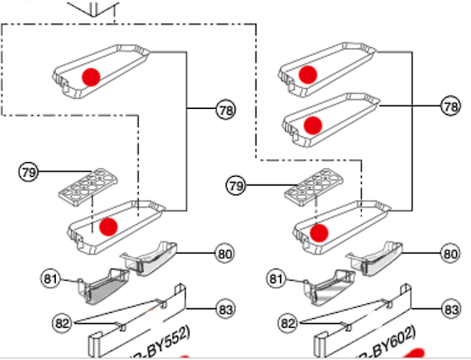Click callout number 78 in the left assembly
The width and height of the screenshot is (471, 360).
point(226,111)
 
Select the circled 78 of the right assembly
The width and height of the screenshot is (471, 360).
point(450,106)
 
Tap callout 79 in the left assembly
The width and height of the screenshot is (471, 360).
point(29,172)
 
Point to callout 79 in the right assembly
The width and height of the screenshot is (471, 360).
point(235,185)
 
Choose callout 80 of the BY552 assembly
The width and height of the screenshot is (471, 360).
point(226,254)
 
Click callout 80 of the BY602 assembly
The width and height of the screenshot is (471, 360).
point(450,255)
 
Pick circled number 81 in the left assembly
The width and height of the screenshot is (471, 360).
point(51,278)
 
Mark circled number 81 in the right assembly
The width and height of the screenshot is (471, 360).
point(276,279)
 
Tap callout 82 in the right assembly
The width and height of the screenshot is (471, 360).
point(288,322)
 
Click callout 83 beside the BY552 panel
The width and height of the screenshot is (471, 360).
point(226,309)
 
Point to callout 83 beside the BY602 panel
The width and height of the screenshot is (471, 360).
point(450,309)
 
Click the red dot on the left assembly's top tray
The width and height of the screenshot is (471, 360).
point(92,76)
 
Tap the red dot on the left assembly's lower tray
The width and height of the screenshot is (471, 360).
point(108,227)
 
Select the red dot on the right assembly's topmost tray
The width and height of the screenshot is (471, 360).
point(307,75)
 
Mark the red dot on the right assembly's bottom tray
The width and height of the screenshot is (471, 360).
point(320,232)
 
